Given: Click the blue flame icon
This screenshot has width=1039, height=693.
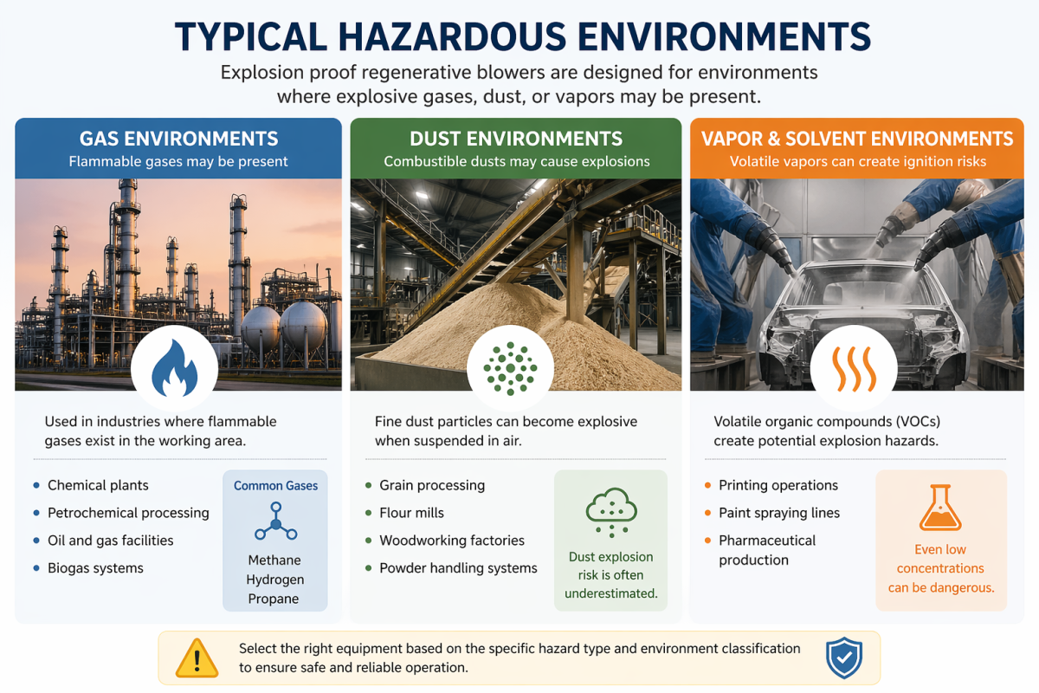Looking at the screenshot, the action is pyautogui.click(x=174, y=368).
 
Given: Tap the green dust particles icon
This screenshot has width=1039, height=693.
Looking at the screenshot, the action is pyautogui.click(x=510, y=368).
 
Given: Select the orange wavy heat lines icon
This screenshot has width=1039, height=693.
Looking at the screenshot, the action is pyautogui.click(x=854, y=370).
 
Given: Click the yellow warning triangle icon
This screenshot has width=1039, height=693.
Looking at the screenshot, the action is pyautogui.click(x=197, y=657).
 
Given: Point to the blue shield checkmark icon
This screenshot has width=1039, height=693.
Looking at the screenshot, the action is pyautogui.click(x=844, y=657).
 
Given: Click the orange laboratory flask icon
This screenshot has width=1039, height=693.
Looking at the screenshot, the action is pyautogui.click(x=940, y=508).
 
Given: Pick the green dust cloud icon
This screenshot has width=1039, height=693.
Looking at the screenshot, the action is pyautogui.click(x=611, y=512).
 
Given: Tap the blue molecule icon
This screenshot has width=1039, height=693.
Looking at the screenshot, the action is pyautogui.click(x=276, y=521).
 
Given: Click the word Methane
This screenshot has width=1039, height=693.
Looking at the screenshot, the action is pyautogui.click(x=274, y=560).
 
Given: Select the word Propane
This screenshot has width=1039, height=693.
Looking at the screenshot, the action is pyautogui.click(x=274, y=599).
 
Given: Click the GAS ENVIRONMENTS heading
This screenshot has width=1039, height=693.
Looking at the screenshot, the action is pyautogui.click(x=178, y=139).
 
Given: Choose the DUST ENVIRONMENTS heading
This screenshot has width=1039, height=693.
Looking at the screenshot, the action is pyautogui.click(x=516, y=139).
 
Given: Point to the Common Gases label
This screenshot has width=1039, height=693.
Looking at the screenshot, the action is pyautogui.click(x=275, y=485).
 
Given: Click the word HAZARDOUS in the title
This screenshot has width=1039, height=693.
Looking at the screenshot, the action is pyautogui.click(x=452, y=36).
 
